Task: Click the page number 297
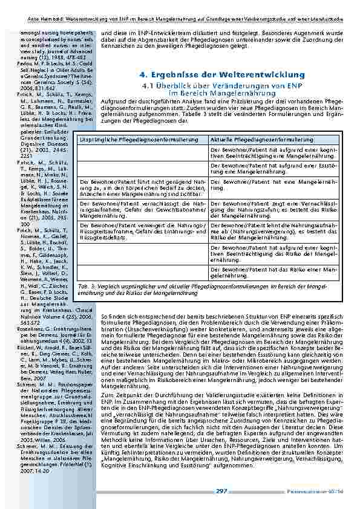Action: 221,491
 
